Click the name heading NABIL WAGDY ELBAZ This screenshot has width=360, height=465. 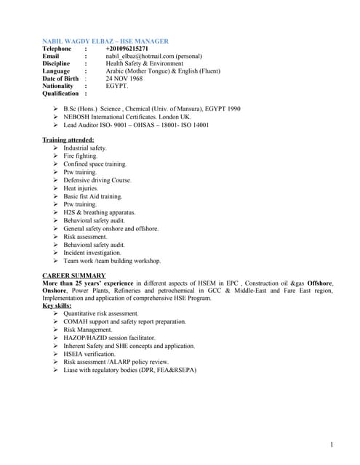81,40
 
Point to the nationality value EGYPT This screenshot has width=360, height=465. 117,86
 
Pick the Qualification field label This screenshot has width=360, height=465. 60,94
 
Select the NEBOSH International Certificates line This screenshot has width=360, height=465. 127,116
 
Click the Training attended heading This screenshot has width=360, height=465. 68,139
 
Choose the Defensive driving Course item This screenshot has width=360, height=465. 97,179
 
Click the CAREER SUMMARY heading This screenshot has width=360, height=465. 73,276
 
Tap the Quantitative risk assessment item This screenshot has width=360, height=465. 100,314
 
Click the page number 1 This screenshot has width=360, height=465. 331,444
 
